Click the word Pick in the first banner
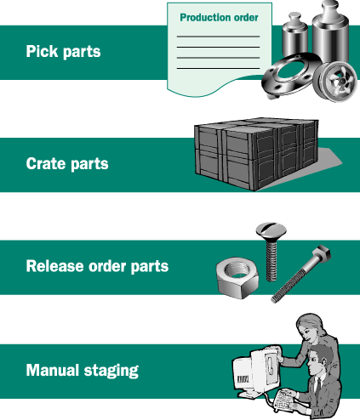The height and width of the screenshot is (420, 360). click(x=42, y=51)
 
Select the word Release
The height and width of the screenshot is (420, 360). click(x=55, y=266)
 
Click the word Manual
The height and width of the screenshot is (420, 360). click(x=52, y=370)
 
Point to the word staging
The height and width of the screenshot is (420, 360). click(x=111, y=372)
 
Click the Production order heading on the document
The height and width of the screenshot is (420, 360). click(x=219, y=18)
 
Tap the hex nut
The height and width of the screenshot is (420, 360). click(x=237, y=278)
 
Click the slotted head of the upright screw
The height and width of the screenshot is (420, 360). click(x=271, y=230)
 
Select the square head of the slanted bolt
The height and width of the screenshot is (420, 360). click(x=321, y=253)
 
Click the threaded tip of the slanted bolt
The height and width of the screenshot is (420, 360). click(x=275, y=298)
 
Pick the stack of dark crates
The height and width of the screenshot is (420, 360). click(x=256, y=154)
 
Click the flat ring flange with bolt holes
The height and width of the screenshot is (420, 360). click(x=290, y=75)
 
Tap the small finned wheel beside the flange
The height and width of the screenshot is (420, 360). click(x=335, y=82)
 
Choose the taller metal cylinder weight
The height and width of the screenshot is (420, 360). click(x=330, y=31)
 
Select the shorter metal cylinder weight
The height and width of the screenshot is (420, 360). click(x=295, y=35)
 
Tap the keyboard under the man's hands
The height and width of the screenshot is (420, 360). click(x=284, y=400)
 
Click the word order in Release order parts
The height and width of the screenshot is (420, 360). click(x=107, y=266)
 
